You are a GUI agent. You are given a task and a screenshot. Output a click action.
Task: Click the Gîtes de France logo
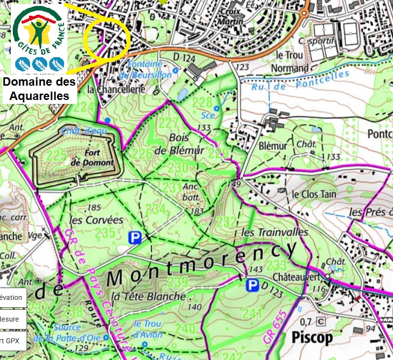point(39,38)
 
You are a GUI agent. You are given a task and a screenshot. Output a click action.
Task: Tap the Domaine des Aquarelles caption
point(39,89)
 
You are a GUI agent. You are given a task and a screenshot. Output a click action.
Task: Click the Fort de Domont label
point(92,158)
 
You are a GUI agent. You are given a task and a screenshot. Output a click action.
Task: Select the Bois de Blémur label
point(179,144)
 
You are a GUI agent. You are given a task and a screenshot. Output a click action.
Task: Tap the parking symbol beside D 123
point(253,285)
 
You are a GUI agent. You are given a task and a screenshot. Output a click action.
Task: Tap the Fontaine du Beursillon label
point(150,69)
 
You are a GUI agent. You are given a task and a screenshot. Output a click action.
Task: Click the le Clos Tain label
point(314,194)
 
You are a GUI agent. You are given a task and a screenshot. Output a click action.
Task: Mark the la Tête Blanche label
point(148,296)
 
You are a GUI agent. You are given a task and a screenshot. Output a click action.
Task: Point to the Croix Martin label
point(231,16)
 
